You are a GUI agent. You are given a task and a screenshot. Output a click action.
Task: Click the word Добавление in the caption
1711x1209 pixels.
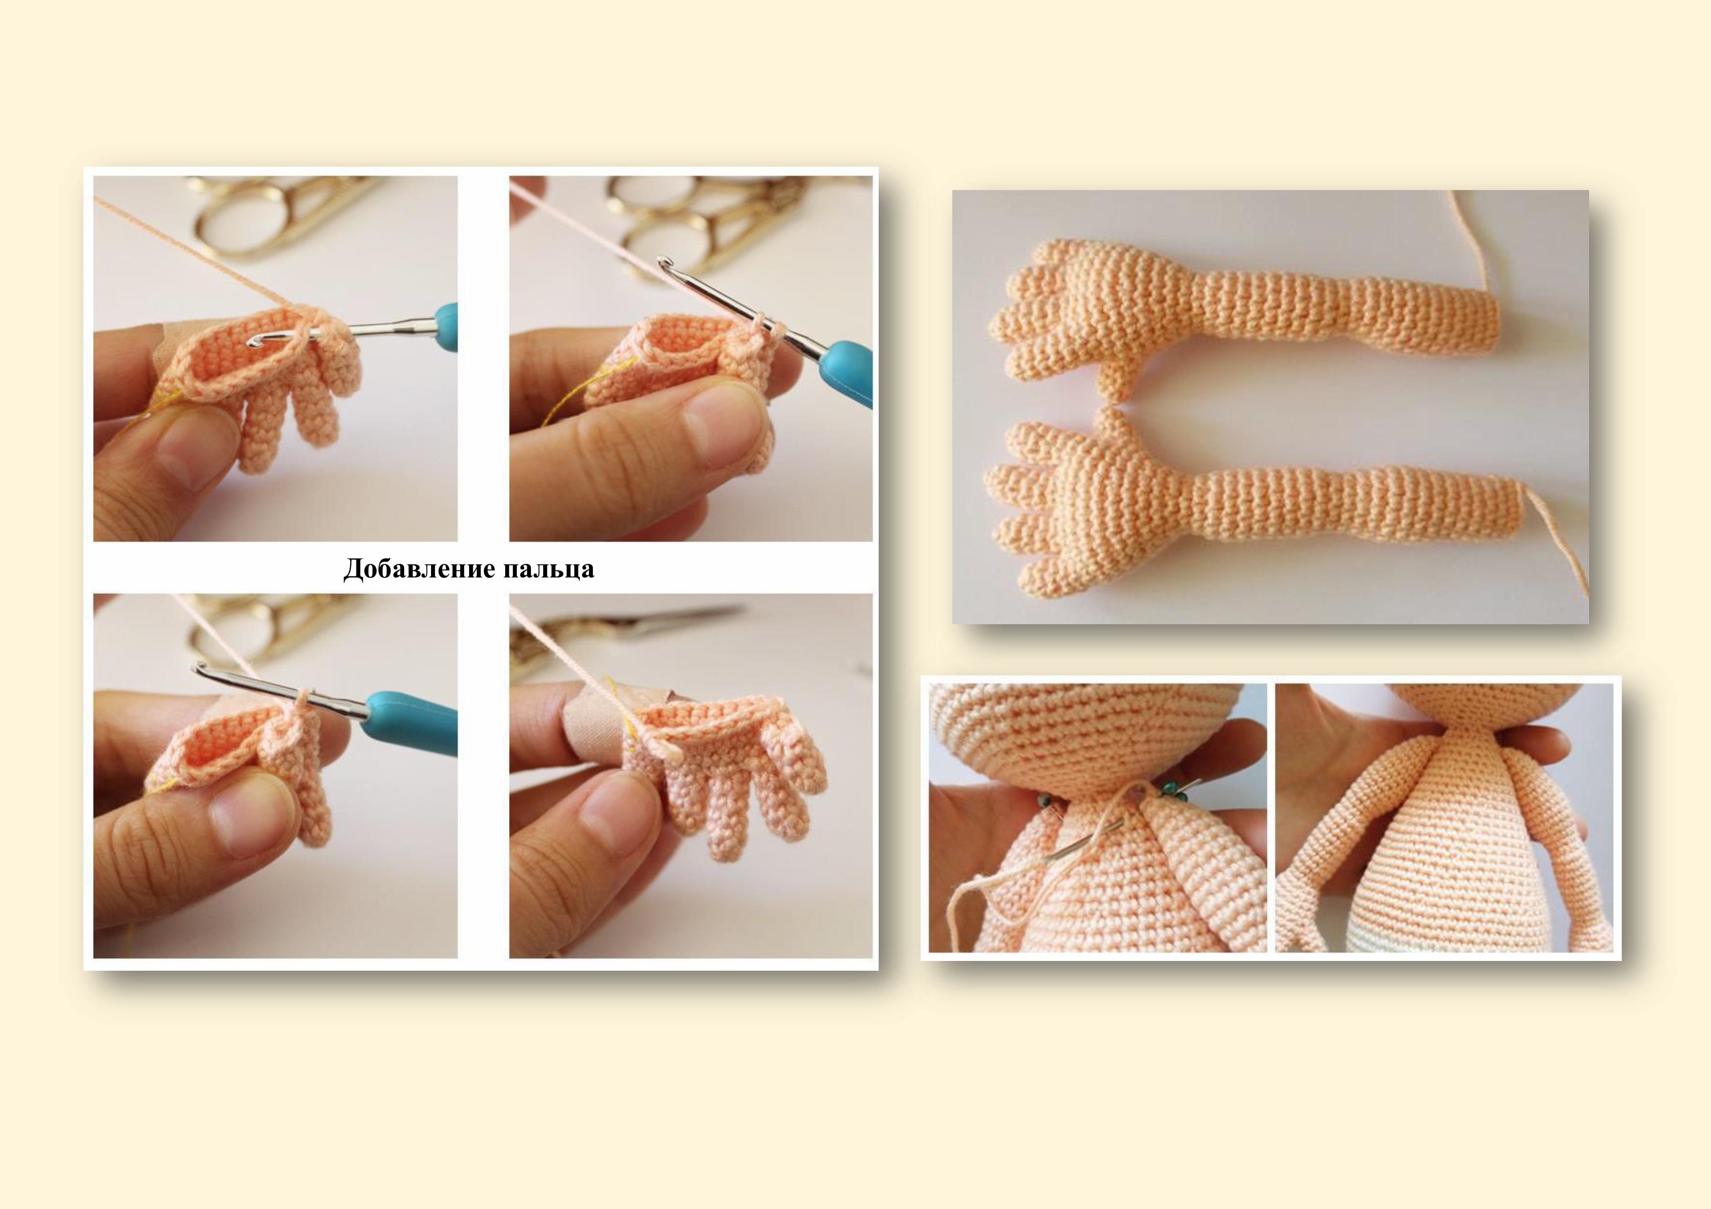pyautogui.click(x=419, y=570)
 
